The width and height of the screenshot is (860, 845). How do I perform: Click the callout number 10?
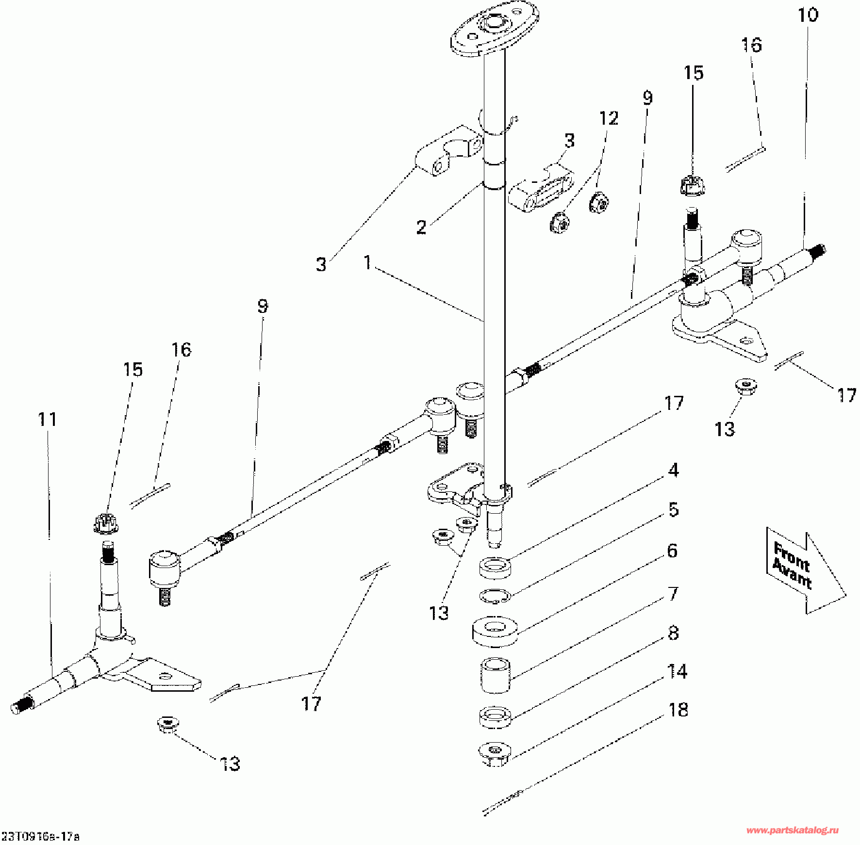tap(808, 16)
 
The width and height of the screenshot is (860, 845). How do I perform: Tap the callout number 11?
tap(48, 419)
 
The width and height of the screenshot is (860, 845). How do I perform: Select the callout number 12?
tap(609, 118)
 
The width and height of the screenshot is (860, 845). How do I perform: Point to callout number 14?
tap(677, 671)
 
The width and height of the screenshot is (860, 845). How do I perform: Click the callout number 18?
tap(678, 710)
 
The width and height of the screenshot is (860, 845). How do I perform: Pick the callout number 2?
tap(421, 227)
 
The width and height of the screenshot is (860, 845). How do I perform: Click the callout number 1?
tap(368, 263)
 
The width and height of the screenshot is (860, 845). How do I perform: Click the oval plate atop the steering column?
tap(495, 29)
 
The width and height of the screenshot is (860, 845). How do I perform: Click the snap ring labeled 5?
tap(495, 596)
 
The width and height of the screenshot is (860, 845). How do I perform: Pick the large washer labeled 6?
tap(495, 631)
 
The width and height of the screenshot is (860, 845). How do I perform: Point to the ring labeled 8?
tap(496, 717)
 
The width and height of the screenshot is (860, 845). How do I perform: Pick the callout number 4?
tap(673, 470)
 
